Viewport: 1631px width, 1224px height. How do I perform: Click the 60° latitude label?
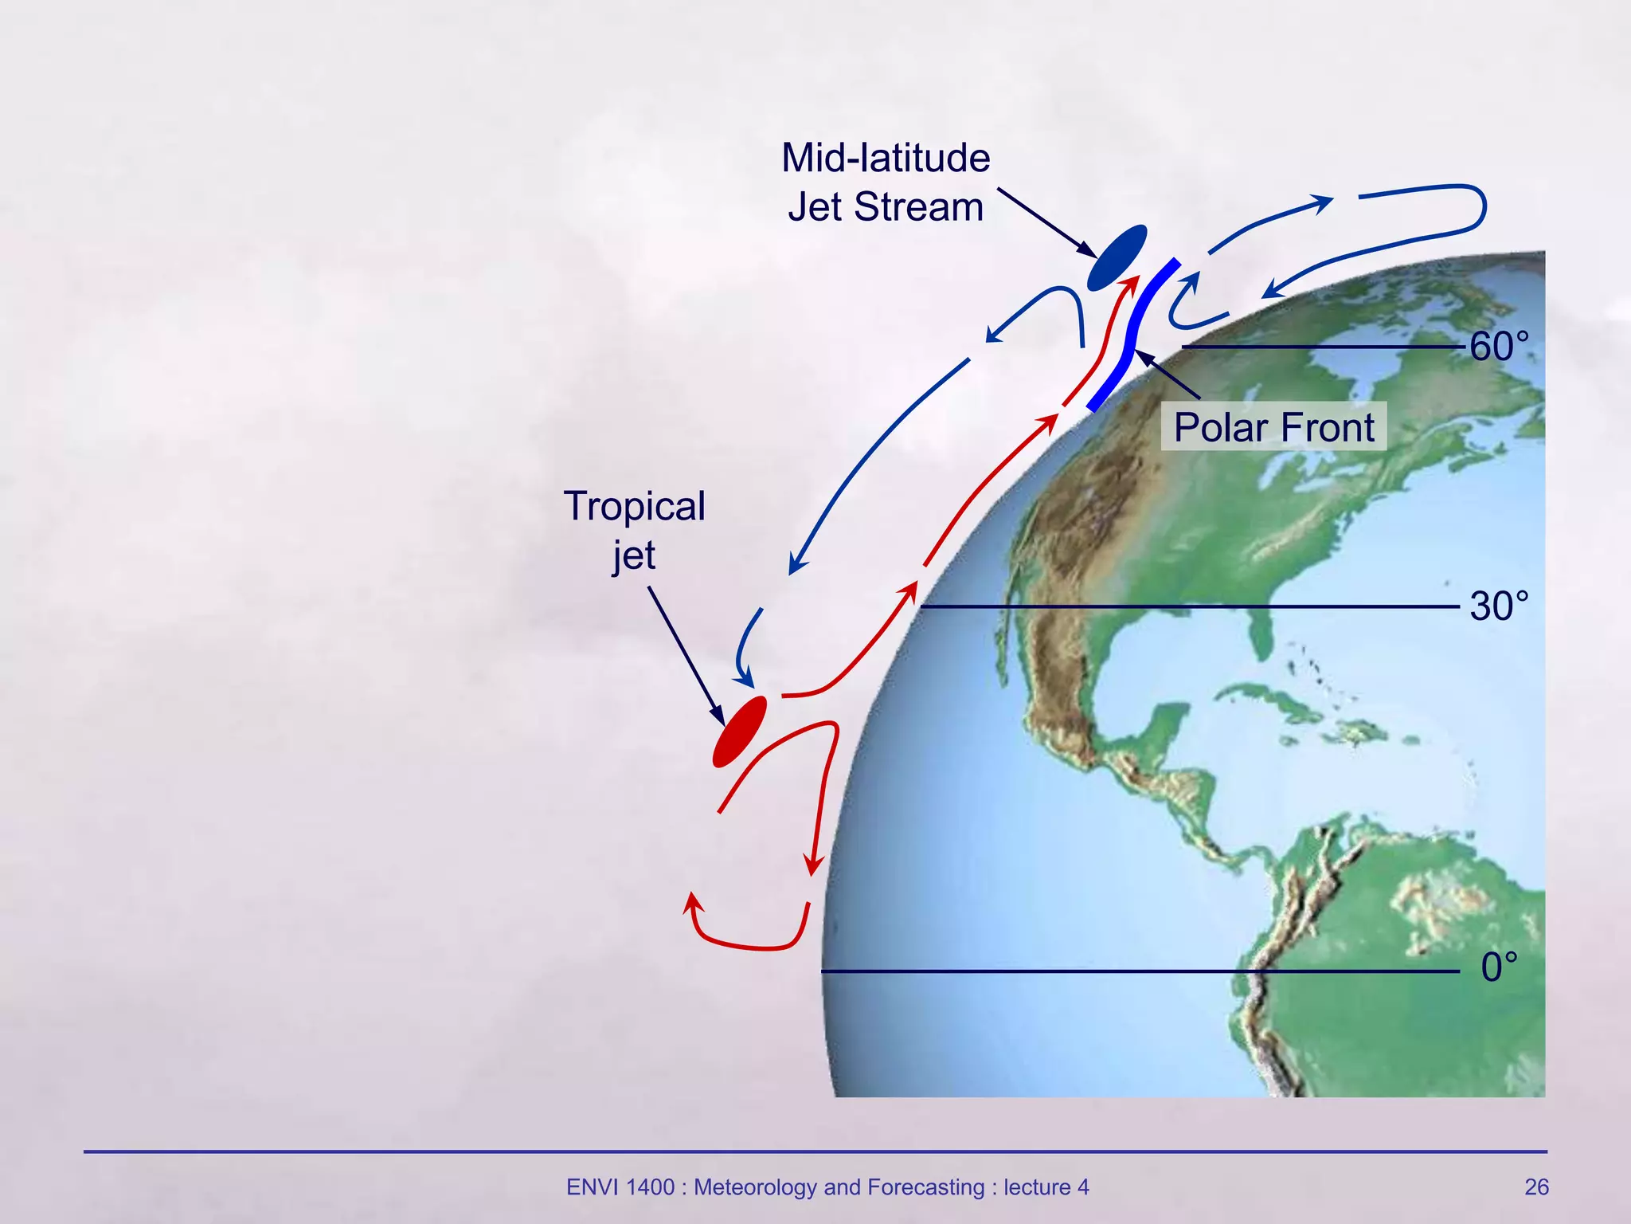[x=1498, y=347]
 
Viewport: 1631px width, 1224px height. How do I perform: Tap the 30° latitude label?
[x=1498, y=606]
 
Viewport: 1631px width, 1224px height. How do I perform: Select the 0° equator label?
[x=1498, y=967]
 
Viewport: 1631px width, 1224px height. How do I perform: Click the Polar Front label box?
[x=1273, y=427]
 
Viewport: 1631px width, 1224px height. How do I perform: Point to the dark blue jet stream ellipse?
[x=1117, y=257]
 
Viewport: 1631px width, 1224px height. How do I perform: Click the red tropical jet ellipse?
[x=740, y=732]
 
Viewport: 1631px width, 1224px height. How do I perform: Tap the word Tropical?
[x=634, y=506]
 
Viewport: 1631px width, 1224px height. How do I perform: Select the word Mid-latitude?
[x=886, y=158]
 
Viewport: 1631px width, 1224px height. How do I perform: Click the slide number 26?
[x=1536, y=1187]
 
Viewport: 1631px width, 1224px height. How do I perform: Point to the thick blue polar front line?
[x=1131, y=335]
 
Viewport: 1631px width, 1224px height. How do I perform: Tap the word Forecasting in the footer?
[x=925, y=1187]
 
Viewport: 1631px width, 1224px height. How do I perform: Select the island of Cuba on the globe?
[x=1274, y=701]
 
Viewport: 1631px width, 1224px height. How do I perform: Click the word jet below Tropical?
[x=634, y=555]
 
